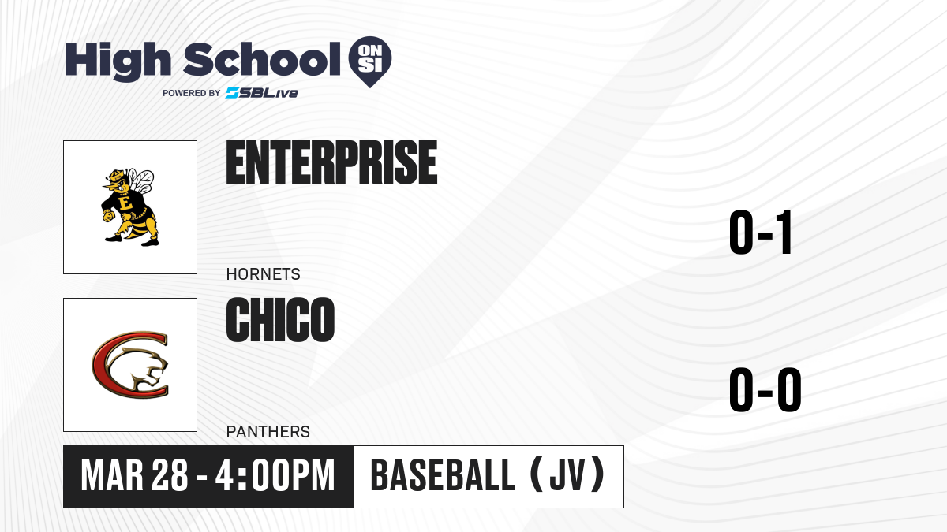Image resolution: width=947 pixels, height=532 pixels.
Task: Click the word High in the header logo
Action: coord(118,61)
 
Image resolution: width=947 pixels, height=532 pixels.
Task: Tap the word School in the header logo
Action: coord(262,59)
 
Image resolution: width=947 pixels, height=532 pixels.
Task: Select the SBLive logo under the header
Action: coord(261,93)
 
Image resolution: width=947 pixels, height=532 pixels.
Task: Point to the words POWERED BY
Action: coord(192,93)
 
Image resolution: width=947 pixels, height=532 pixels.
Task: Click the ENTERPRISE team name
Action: coord(332,162)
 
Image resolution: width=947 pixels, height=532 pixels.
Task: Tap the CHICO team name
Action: coord(281,320)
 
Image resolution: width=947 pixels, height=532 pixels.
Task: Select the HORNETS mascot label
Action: coord(263,274)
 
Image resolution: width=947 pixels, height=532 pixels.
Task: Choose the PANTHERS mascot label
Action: coord(268,432)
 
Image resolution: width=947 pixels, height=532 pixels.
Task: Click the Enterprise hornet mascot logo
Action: coord(129,206)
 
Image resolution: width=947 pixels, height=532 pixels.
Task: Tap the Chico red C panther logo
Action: coord(130,365)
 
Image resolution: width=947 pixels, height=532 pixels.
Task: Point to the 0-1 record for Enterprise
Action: coord(760,233)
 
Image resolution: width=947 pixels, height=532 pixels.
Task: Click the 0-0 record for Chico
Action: coord(765,389)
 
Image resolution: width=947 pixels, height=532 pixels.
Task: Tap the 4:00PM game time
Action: coord(275,475)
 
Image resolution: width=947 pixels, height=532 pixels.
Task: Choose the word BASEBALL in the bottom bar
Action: coord(443,475)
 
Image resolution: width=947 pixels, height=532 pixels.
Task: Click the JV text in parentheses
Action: coord(567,475)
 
